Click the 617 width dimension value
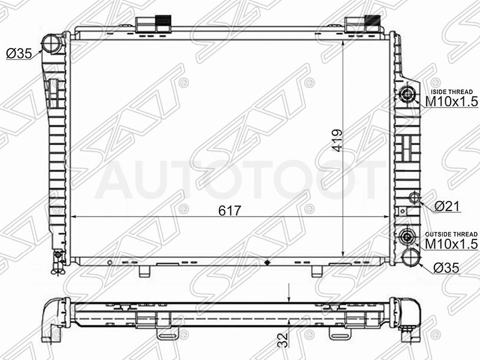(230, 211)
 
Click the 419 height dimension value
(337, 140)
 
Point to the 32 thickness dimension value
(284, 340)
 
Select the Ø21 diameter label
(447, 206)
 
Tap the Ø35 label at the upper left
(19, 53)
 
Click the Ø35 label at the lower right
(446, 268)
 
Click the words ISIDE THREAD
(452, 92)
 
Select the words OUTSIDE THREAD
(451, 234)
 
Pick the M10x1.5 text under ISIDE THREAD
(452, 101)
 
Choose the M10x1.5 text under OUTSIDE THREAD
(452, 244)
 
